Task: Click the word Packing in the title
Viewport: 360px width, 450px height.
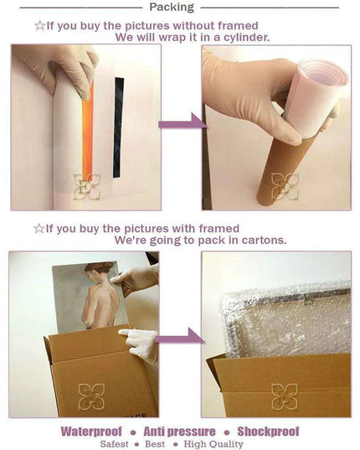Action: [172, 8]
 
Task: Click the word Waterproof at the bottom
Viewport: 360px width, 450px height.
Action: [91, 432]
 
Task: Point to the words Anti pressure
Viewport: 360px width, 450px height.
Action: [179, 432]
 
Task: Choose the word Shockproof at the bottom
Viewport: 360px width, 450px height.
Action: [268, 432]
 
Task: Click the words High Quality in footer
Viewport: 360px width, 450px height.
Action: [213, 444]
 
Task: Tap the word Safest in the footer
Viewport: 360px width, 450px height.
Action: [115, 444]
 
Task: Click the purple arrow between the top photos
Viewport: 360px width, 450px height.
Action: [183, 122]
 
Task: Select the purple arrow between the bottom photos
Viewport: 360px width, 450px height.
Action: [180, 337]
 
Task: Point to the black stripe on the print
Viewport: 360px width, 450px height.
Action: [118, 127]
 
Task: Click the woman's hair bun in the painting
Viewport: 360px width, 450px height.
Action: [106, 266]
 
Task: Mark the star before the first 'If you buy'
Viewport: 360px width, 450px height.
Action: [39, 26]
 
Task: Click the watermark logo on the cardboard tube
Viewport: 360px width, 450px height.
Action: [285, 187]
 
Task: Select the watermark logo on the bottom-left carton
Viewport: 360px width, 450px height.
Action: [91, 396]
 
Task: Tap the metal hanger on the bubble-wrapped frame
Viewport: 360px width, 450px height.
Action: [309, 301]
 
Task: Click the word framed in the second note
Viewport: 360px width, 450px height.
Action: [219, 229]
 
